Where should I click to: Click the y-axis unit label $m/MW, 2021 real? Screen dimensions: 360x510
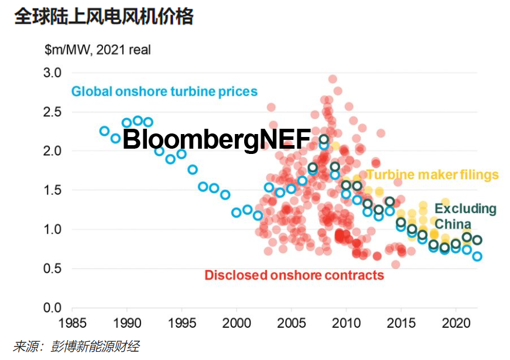click(x=98, y=50)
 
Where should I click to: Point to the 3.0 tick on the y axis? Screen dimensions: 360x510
click(x=52, y=73)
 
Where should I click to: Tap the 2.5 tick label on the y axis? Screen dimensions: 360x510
click(x=52, y=112)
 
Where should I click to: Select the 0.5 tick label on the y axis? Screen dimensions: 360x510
click(x=52, y=269)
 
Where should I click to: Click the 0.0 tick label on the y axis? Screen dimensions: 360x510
click(x=52, y=308)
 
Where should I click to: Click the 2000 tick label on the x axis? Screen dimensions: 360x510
click(x=237, y=323)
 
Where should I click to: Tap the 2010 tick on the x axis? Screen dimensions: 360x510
click(x=346, y=323)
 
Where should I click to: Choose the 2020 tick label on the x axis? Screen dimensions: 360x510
click(x=455, y=323)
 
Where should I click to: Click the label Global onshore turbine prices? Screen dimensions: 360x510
click(x=165, y=92)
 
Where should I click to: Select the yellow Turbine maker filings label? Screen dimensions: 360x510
click(x=432, y=174)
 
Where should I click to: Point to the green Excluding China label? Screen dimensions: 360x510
click(x=465, y=216)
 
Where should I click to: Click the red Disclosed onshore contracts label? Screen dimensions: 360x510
click(x=295, y=275)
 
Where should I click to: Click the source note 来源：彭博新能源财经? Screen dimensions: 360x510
click(x=77, y=346)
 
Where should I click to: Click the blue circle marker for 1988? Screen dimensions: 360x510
click(x=105, y=131)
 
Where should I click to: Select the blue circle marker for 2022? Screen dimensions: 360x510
click(x=477, y=256)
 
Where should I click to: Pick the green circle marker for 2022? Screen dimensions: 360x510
click(x=477, y=240)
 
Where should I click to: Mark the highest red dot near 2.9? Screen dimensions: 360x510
click(x=333, y=79)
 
